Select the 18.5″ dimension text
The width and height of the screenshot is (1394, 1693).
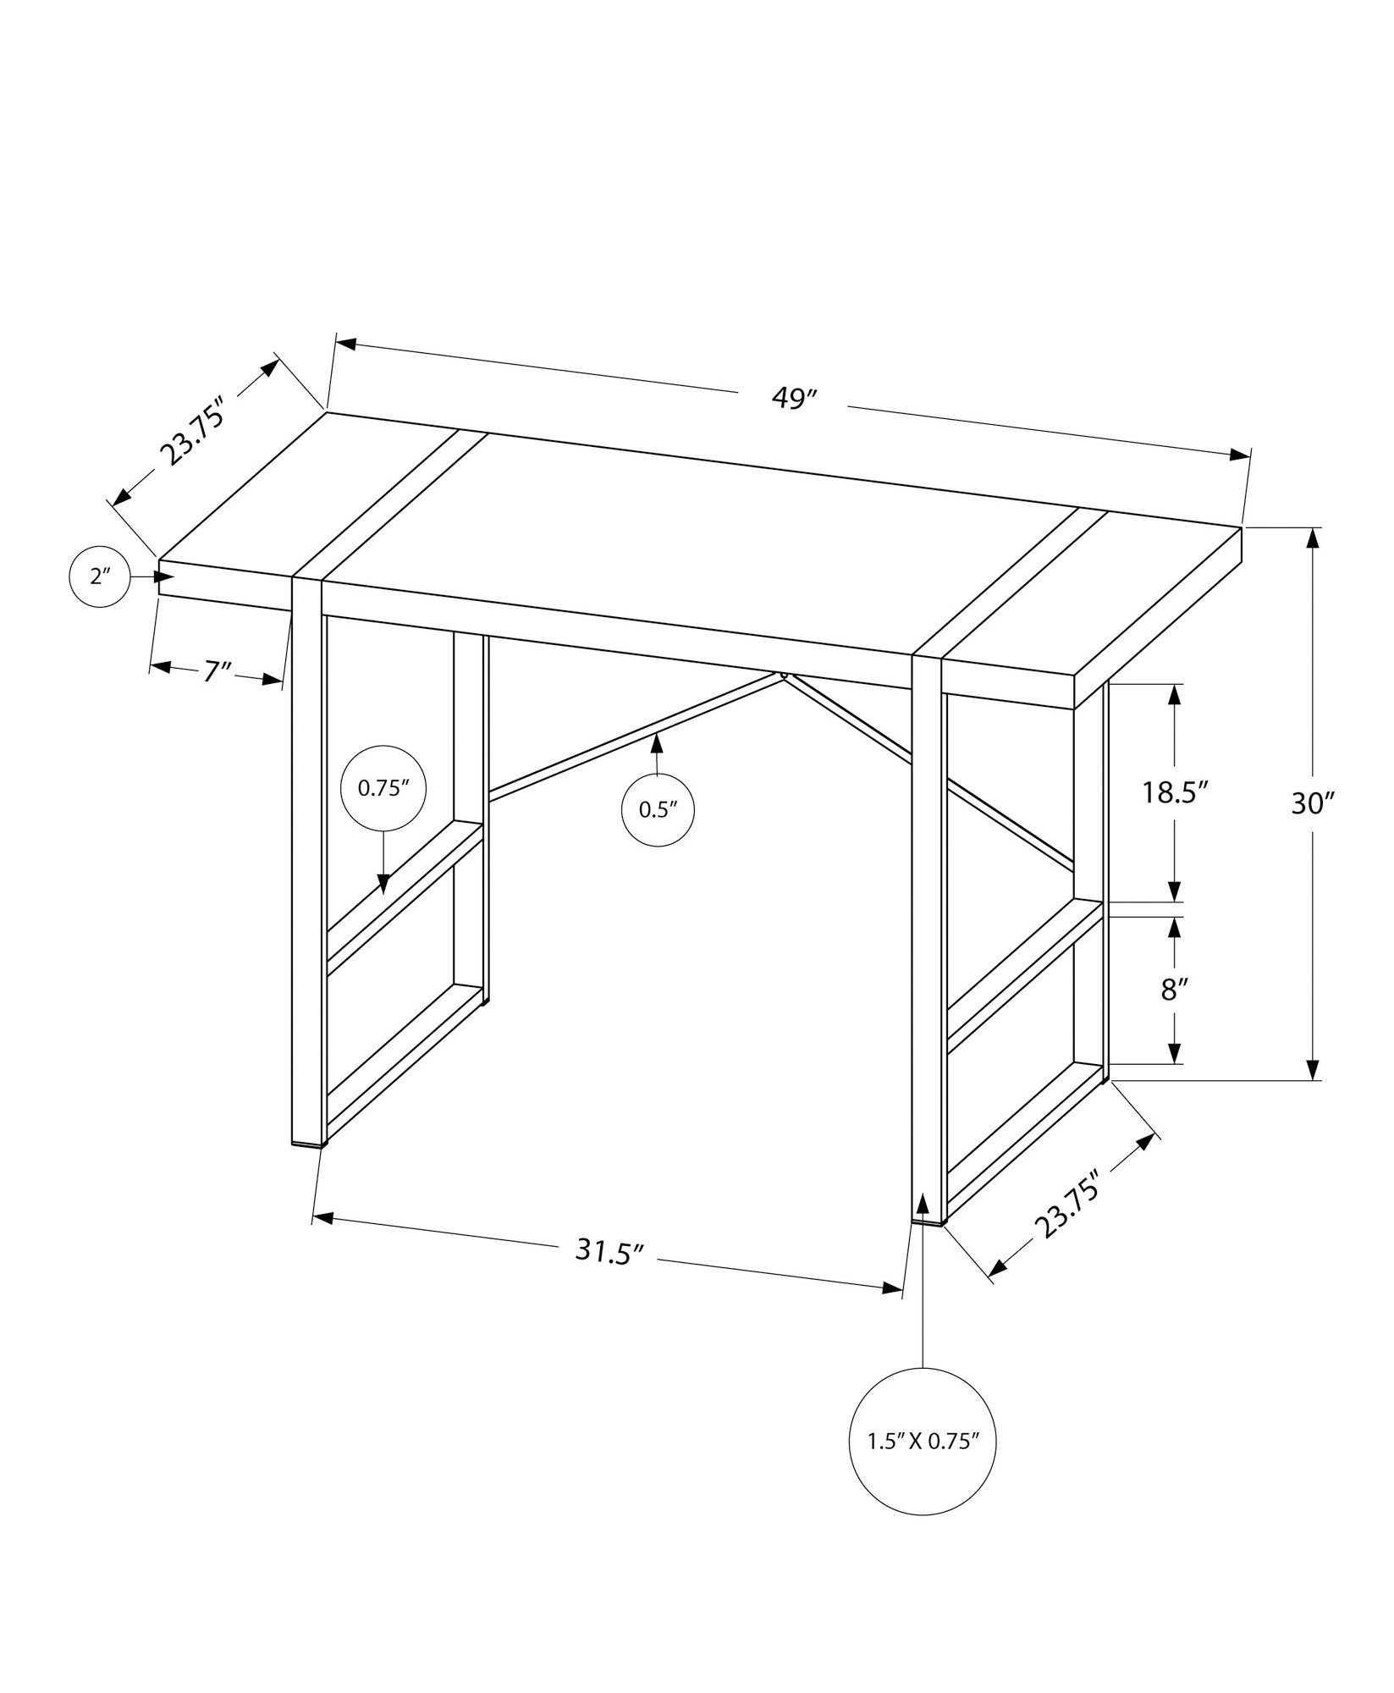click(1174, 792)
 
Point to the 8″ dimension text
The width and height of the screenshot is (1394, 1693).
click(1171, 989)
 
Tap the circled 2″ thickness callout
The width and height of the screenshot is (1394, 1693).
click(101, 577)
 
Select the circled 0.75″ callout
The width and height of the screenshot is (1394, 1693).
click(383, 788)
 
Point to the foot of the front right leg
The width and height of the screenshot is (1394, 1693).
click(928, 1220)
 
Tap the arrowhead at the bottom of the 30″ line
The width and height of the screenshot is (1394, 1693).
click(1313, 1070)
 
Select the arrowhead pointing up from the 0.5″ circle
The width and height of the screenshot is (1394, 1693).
click(656, 744)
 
